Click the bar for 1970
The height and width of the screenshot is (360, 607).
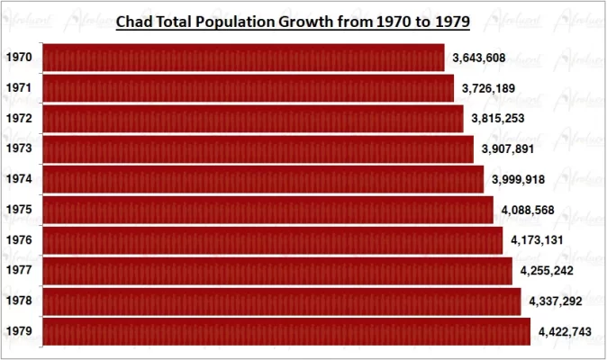click(243, 58)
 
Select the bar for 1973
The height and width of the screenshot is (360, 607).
click(258, 149)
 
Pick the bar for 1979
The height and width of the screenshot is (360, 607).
click(286, 331)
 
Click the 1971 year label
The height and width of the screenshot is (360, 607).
click(19, 88)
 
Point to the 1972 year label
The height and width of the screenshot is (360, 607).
click(19, 119)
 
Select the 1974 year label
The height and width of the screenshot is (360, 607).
click(19, 179)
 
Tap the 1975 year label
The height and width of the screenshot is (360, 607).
click(19, 210)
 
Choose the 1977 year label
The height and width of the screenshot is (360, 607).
click(19, 270)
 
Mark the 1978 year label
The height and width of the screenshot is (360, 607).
click(19, 301)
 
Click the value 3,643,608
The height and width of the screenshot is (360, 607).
click(479, 58)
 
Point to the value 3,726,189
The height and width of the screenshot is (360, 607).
click(488, 88)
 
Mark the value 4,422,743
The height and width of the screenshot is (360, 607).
click(565, 331)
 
